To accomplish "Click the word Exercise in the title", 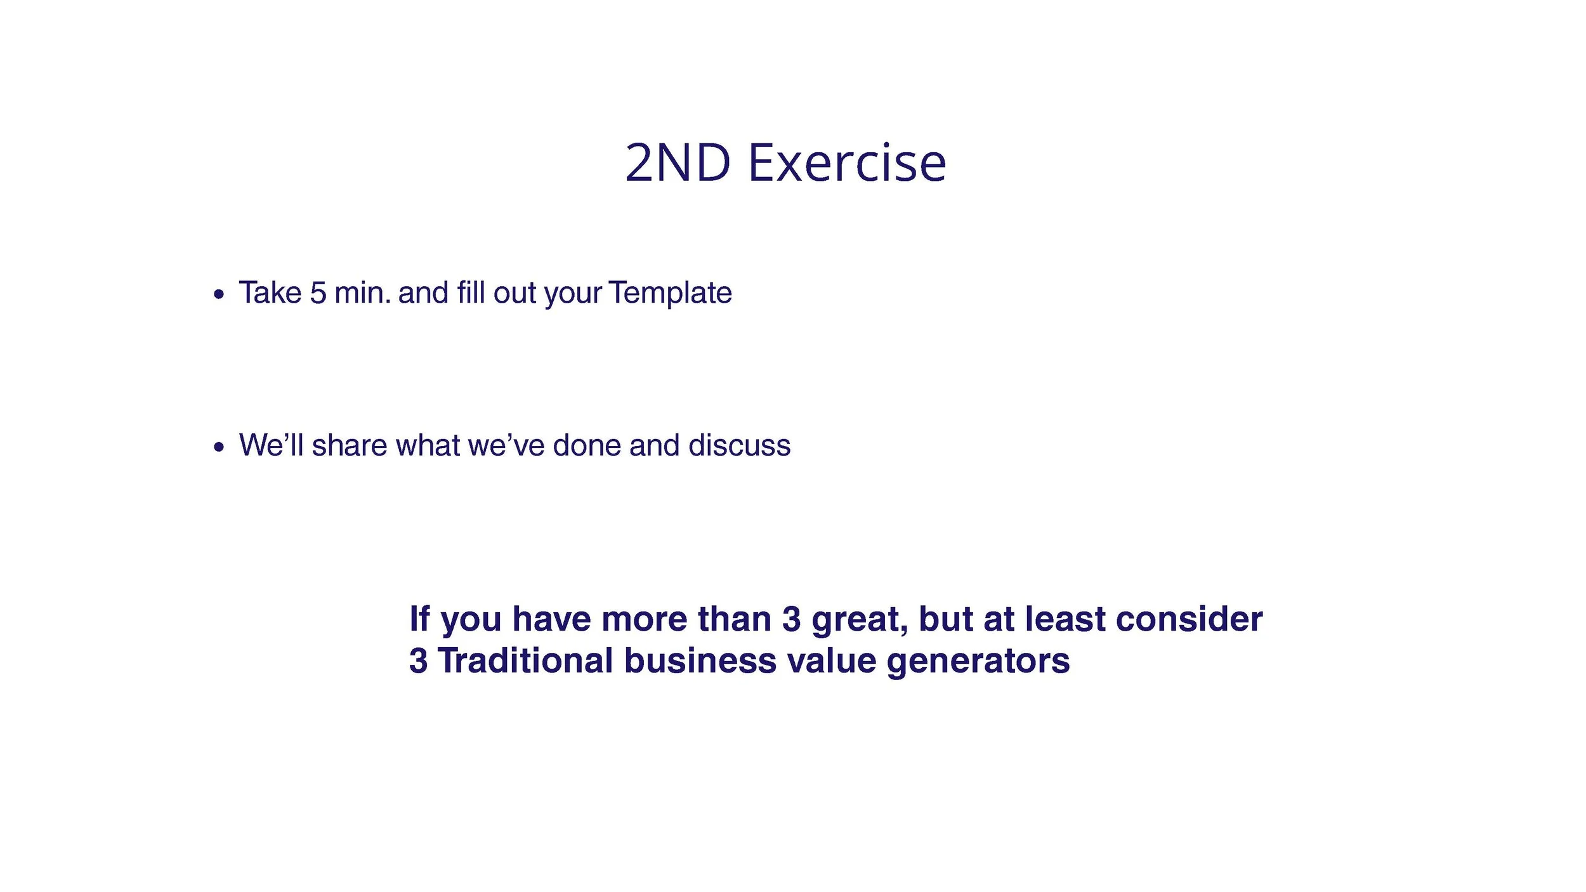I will pyautogui.click(x=847, y=163).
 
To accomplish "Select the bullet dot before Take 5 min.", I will pyautogui.click(x=219, y=294).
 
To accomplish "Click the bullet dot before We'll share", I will pyautogui.click(x=219, y=447).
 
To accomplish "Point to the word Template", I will pyautogui.click(x=670, y=293).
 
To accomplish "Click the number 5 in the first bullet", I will pyautogui.click(x=318, y=293).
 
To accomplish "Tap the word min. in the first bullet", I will pyautogui.click(x=362, y=293).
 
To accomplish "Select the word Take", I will pyautogui.click(x=270, y=293).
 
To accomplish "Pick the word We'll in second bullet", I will pyautogui.click(x=272, y=445).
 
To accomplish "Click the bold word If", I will pyautogui.click(x=419, y=619).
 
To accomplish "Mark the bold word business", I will pyautogui.click(x=700, y=660).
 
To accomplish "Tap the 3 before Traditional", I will pyautogui.click(x=418, y=660).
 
